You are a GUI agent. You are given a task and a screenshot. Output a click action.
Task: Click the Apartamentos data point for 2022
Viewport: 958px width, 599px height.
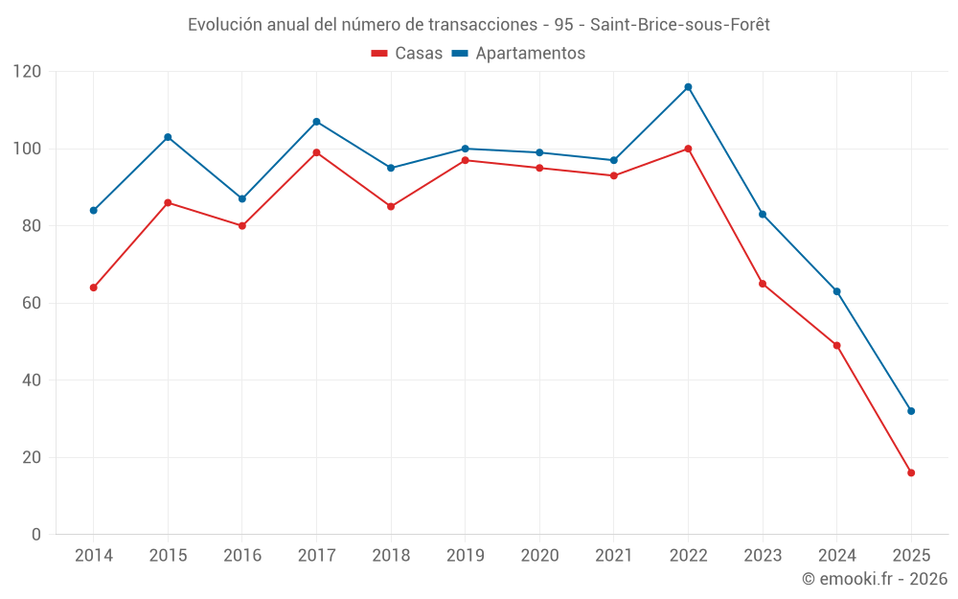[x=688, y=87]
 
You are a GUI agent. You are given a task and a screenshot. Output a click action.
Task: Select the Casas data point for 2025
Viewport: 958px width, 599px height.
[x=911, y=472]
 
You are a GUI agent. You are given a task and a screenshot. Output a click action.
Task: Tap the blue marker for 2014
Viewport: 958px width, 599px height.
[x=94, y=210]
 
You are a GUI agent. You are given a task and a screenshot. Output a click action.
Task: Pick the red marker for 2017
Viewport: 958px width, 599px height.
[x=316, y=152]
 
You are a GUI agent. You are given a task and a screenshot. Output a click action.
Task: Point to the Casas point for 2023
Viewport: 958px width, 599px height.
[x=763, y=284]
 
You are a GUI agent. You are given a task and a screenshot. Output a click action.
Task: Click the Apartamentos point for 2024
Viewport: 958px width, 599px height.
[x=836, y=291]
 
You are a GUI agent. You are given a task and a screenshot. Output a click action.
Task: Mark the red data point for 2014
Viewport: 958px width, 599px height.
[x=94, y=288]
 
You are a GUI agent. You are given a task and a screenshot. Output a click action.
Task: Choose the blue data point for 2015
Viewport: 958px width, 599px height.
[x=168, y=137]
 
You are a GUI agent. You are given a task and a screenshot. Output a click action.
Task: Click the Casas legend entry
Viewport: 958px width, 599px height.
[x=407, y=54]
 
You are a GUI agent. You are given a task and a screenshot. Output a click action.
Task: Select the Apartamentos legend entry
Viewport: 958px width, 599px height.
[x=518, y=54]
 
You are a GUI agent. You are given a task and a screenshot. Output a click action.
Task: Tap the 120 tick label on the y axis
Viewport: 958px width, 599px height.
[x=27, y=72]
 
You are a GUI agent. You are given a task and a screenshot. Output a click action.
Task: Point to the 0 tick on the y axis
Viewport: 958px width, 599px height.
[x=36, y=534]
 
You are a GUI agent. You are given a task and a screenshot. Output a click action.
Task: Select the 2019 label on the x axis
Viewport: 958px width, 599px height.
[x=465, y=556]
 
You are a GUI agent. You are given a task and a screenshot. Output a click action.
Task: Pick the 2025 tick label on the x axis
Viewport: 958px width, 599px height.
[x=911, y=556]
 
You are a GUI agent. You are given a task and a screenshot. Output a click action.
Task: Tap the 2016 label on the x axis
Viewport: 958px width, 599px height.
[x=241, y=556]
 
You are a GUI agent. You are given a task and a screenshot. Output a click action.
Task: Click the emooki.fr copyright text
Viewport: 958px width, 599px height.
[x=875, y=579]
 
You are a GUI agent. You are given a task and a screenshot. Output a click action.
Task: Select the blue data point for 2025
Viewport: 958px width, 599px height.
[x=911, y=411]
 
